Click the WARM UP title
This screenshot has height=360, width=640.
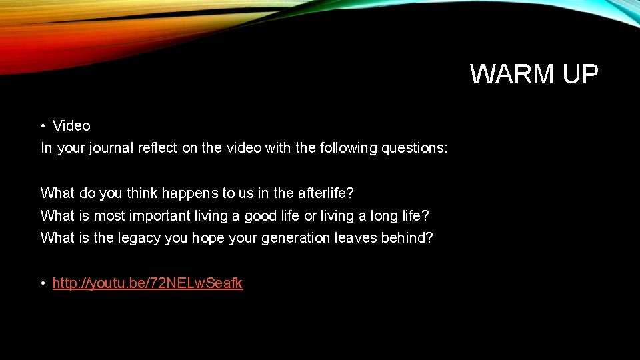[x=534, y=74]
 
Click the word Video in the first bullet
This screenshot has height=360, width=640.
[x=71, y=125]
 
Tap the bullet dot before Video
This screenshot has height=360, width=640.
[x=43, y=126]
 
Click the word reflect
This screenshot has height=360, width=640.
[x=157, y=148]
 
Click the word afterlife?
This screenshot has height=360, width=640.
[x=325, y=193]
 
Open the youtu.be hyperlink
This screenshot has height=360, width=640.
[x=147, y=283]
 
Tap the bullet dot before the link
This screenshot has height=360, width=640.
[x=43, y=284]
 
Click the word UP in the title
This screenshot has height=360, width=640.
[x=580, y=74]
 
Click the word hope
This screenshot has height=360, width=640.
[x=208, y=238]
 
